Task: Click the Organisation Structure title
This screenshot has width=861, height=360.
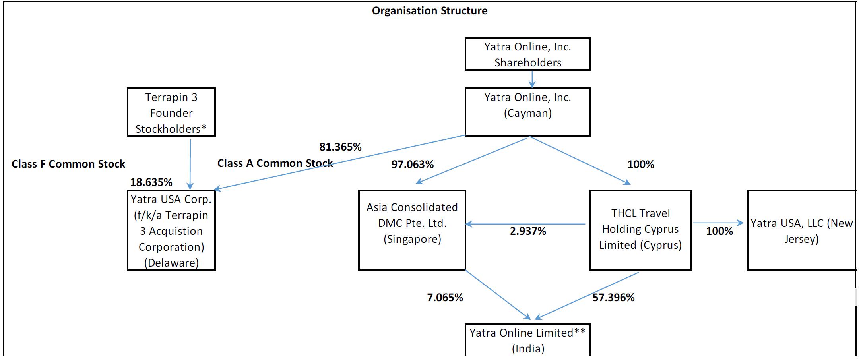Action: point(429,11)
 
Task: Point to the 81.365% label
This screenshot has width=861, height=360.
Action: point(340,147)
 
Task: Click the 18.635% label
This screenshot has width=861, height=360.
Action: point(151,182)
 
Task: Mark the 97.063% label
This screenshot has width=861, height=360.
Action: point(412,165)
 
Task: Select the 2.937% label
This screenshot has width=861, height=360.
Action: point(528,231)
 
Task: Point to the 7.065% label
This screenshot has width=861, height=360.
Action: point(445,298)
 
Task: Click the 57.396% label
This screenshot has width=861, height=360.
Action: point(613,298)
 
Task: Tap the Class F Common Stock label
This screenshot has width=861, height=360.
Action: point(68,164)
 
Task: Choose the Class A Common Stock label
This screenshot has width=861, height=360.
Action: point(275,163)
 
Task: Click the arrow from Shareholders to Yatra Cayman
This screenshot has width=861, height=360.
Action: point(532,79)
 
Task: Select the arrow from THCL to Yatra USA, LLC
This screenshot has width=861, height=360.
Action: point(718,223)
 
